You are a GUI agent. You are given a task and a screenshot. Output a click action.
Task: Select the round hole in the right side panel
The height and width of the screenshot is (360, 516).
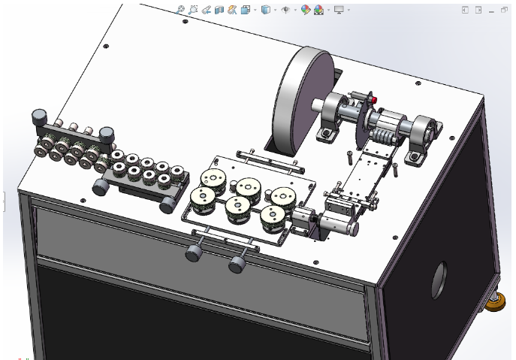tap(439, 275)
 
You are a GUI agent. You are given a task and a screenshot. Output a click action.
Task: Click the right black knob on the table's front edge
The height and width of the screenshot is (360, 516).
tap(238, 264)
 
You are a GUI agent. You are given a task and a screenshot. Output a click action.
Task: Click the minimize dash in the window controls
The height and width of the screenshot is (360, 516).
tap(492, 11)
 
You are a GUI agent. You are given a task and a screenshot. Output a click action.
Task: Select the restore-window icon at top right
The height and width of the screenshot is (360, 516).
tap(478, 10)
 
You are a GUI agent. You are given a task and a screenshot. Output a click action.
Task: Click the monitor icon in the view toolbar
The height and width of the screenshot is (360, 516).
tap(339, 10)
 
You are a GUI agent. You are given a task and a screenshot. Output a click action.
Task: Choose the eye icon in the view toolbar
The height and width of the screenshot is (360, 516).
tap(285, 10)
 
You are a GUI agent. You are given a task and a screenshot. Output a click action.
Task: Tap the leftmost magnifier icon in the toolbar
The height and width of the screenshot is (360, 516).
tap(180, 10)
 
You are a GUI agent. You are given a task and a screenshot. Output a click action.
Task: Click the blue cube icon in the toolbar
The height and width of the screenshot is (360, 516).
tap(265, 10)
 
